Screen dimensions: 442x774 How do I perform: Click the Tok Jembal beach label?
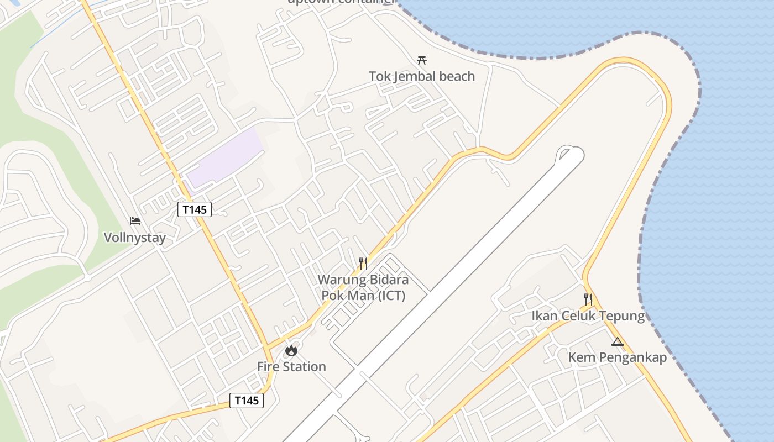[422, 76]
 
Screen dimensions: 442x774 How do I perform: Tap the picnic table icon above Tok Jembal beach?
[422, 60]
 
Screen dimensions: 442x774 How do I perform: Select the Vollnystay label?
[135, 238]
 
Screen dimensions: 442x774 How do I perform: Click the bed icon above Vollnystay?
[135, 221]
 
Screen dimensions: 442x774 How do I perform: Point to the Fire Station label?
[291, 366]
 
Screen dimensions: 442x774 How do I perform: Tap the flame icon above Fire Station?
[291, 350]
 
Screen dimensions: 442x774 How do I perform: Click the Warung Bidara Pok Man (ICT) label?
[363, 287]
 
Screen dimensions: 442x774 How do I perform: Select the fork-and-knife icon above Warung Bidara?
[363, 263]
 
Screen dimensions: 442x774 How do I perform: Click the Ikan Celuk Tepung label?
[588, 316]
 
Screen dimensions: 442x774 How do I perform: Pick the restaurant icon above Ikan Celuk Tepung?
[588, 299]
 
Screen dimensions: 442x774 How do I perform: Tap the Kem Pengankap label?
[617, 357]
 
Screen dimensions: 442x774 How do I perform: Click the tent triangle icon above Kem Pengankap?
[618, 342]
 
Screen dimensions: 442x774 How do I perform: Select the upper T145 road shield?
[195, 209]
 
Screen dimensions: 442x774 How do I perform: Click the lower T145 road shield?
[247, 401]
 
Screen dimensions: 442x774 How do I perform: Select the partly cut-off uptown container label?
[341, 2]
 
